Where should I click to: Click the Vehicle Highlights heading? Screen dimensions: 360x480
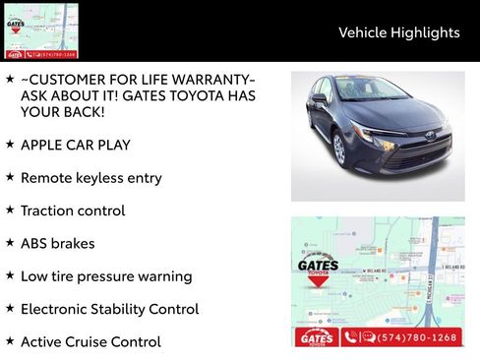398,32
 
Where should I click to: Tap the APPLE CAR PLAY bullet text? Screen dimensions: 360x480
75,145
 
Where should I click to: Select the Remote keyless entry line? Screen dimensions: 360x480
90,178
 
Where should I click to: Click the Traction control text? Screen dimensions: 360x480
72,210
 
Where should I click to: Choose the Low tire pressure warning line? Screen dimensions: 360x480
106,276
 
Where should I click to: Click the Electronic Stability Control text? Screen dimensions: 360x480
109,309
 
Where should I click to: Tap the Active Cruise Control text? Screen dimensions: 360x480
90,341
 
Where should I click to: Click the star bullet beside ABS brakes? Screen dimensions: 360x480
10,242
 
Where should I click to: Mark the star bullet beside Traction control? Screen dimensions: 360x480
10,210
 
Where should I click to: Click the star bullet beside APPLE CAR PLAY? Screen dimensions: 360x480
10,144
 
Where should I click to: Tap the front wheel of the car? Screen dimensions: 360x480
339,149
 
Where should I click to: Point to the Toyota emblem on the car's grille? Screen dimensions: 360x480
430,135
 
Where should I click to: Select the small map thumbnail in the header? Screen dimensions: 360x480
40,30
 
